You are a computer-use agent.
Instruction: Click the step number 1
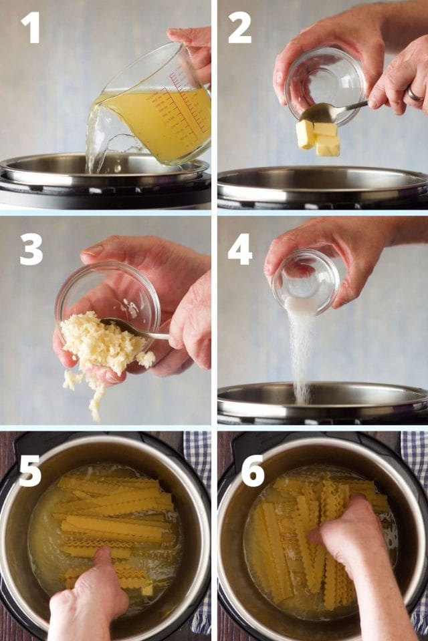tap(30, 27)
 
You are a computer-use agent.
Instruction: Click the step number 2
tap(239, 27)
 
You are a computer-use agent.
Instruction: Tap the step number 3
tap(31, 249)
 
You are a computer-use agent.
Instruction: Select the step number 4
tap(240, 249)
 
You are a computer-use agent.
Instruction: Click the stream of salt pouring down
tap(301, 347)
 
